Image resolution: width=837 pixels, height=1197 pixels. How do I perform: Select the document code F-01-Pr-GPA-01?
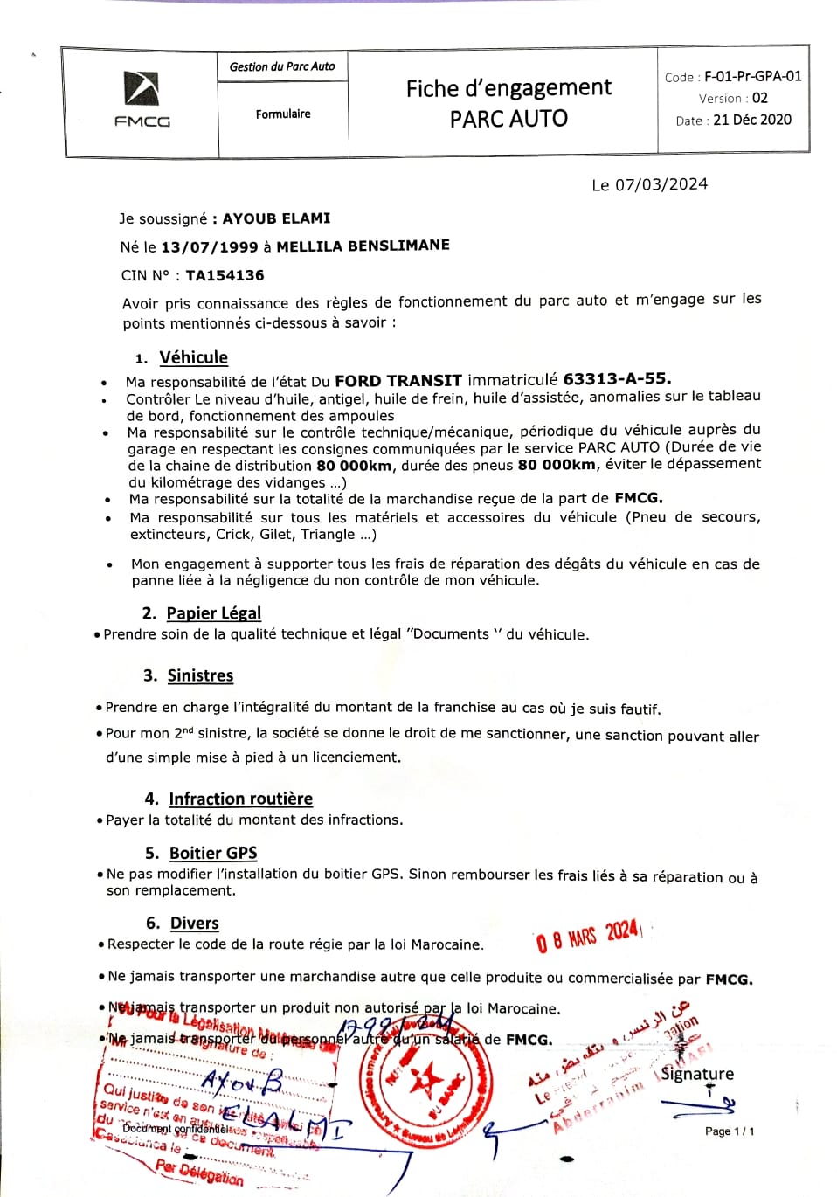pyautogui.click(x=753, y=76)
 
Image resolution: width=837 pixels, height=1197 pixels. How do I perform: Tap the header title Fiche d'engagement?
pyautogui.click(x=508, y=88)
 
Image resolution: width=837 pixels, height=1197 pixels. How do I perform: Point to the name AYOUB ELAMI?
pyautogui.click(x=276, y=218)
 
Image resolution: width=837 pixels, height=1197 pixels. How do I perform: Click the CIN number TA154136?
pyautogui.click(x=225, y=275)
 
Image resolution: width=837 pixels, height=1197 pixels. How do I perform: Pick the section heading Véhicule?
pyautogui.click(x=193, y=357)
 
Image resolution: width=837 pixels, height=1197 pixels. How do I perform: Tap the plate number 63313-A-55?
pyautogui.click(x=617, y=378)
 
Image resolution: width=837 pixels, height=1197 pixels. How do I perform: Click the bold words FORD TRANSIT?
pyautogui.click(x=398, y=380)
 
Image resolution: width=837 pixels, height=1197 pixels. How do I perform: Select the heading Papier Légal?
pyautogui.click(x=213, y=612)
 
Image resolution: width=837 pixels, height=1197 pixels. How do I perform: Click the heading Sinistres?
pyautogui.click(x=200, y=675)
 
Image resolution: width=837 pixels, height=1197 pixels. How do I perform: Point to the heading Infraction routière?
pyautogui.click(x=240, y=799)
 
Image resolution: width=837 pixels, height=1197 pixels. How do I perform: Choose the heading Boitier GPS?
pyautogui.click(x=213, y=853)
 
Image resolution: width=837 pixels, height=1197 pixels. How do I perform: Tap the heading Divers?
pyautogui.click(x=194, y=924)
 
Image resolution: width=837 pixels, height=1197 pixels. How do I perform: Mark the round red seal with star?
pyautogui.click(x=425, y=1084)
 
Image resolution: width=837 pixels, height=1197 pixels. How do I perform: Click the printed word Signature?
pyautogui.click(x=697, y=1074)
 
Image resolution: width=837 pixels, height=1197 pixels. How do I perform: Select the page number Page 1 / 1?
pyautogui.click(x=730, y=1131)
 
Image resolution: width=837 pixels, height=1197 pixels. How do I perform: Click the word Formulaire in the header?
pyautogui.click(x=283, y=114)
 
